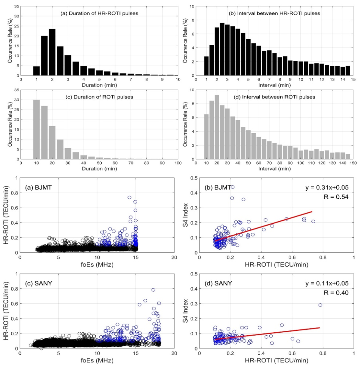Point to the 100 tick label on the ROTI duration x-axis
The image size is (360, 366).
tap(178, 164)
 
